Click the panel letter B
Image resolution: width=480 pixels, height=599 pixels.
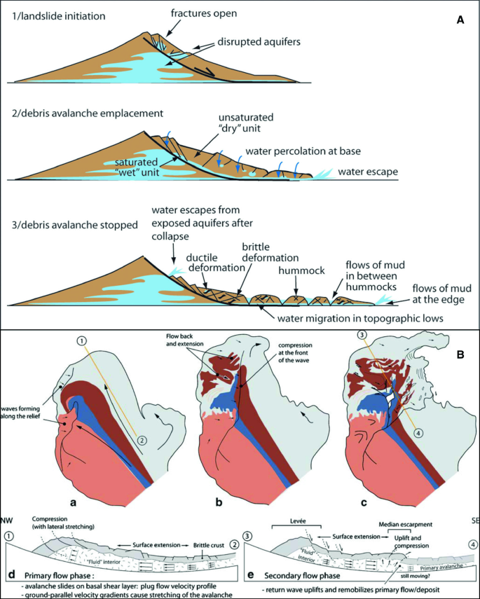pos(460,355)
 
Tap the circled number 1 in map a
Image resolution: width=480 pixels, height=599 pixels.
pos(83,340)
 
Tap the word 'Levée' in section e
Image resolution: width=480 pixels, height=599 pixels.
pos(284,522)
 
